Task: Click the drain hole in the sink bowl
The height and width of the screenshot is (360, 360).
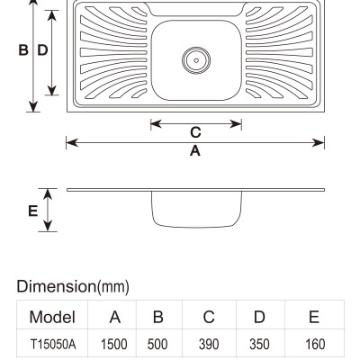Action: point(196,60)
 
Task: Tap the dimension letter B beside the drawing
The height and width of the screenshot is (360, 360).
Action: point(23,50)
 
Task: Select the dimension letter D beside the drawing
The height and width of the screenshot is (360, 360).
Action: point(42,50)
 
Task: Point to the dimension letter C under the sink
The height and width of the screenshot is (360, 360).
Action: point(195,132)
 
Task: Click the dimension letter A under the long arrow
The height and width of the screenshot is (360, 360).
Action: point(195,150)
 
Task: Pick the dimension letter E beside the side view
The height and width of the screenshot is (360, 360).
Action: point(32,211)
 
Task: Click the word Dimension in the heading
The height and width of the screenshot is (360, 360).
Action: point(56,286)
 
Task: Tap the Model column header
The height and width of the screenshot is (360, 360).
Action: point(52,317)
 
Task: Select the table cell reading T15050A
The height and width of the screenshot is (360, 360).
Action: point(53,344)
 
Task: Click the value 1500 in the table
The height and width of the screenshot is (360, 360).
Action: point(114,344)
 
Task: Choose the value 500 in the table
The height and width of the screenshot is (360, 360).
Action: point(157,344)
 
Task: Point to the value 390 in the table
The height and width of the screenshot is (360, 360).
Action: point(209,344)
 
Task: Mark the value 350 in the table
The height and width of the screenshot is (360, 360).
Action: point(259,344)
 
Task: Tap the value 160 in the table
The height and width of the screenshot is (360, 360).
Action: point(315,344)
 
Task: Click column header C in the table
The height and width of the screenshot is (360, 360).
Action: point(209,317)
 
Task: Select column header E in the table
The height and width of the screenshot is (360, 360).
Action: point(314,317)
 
